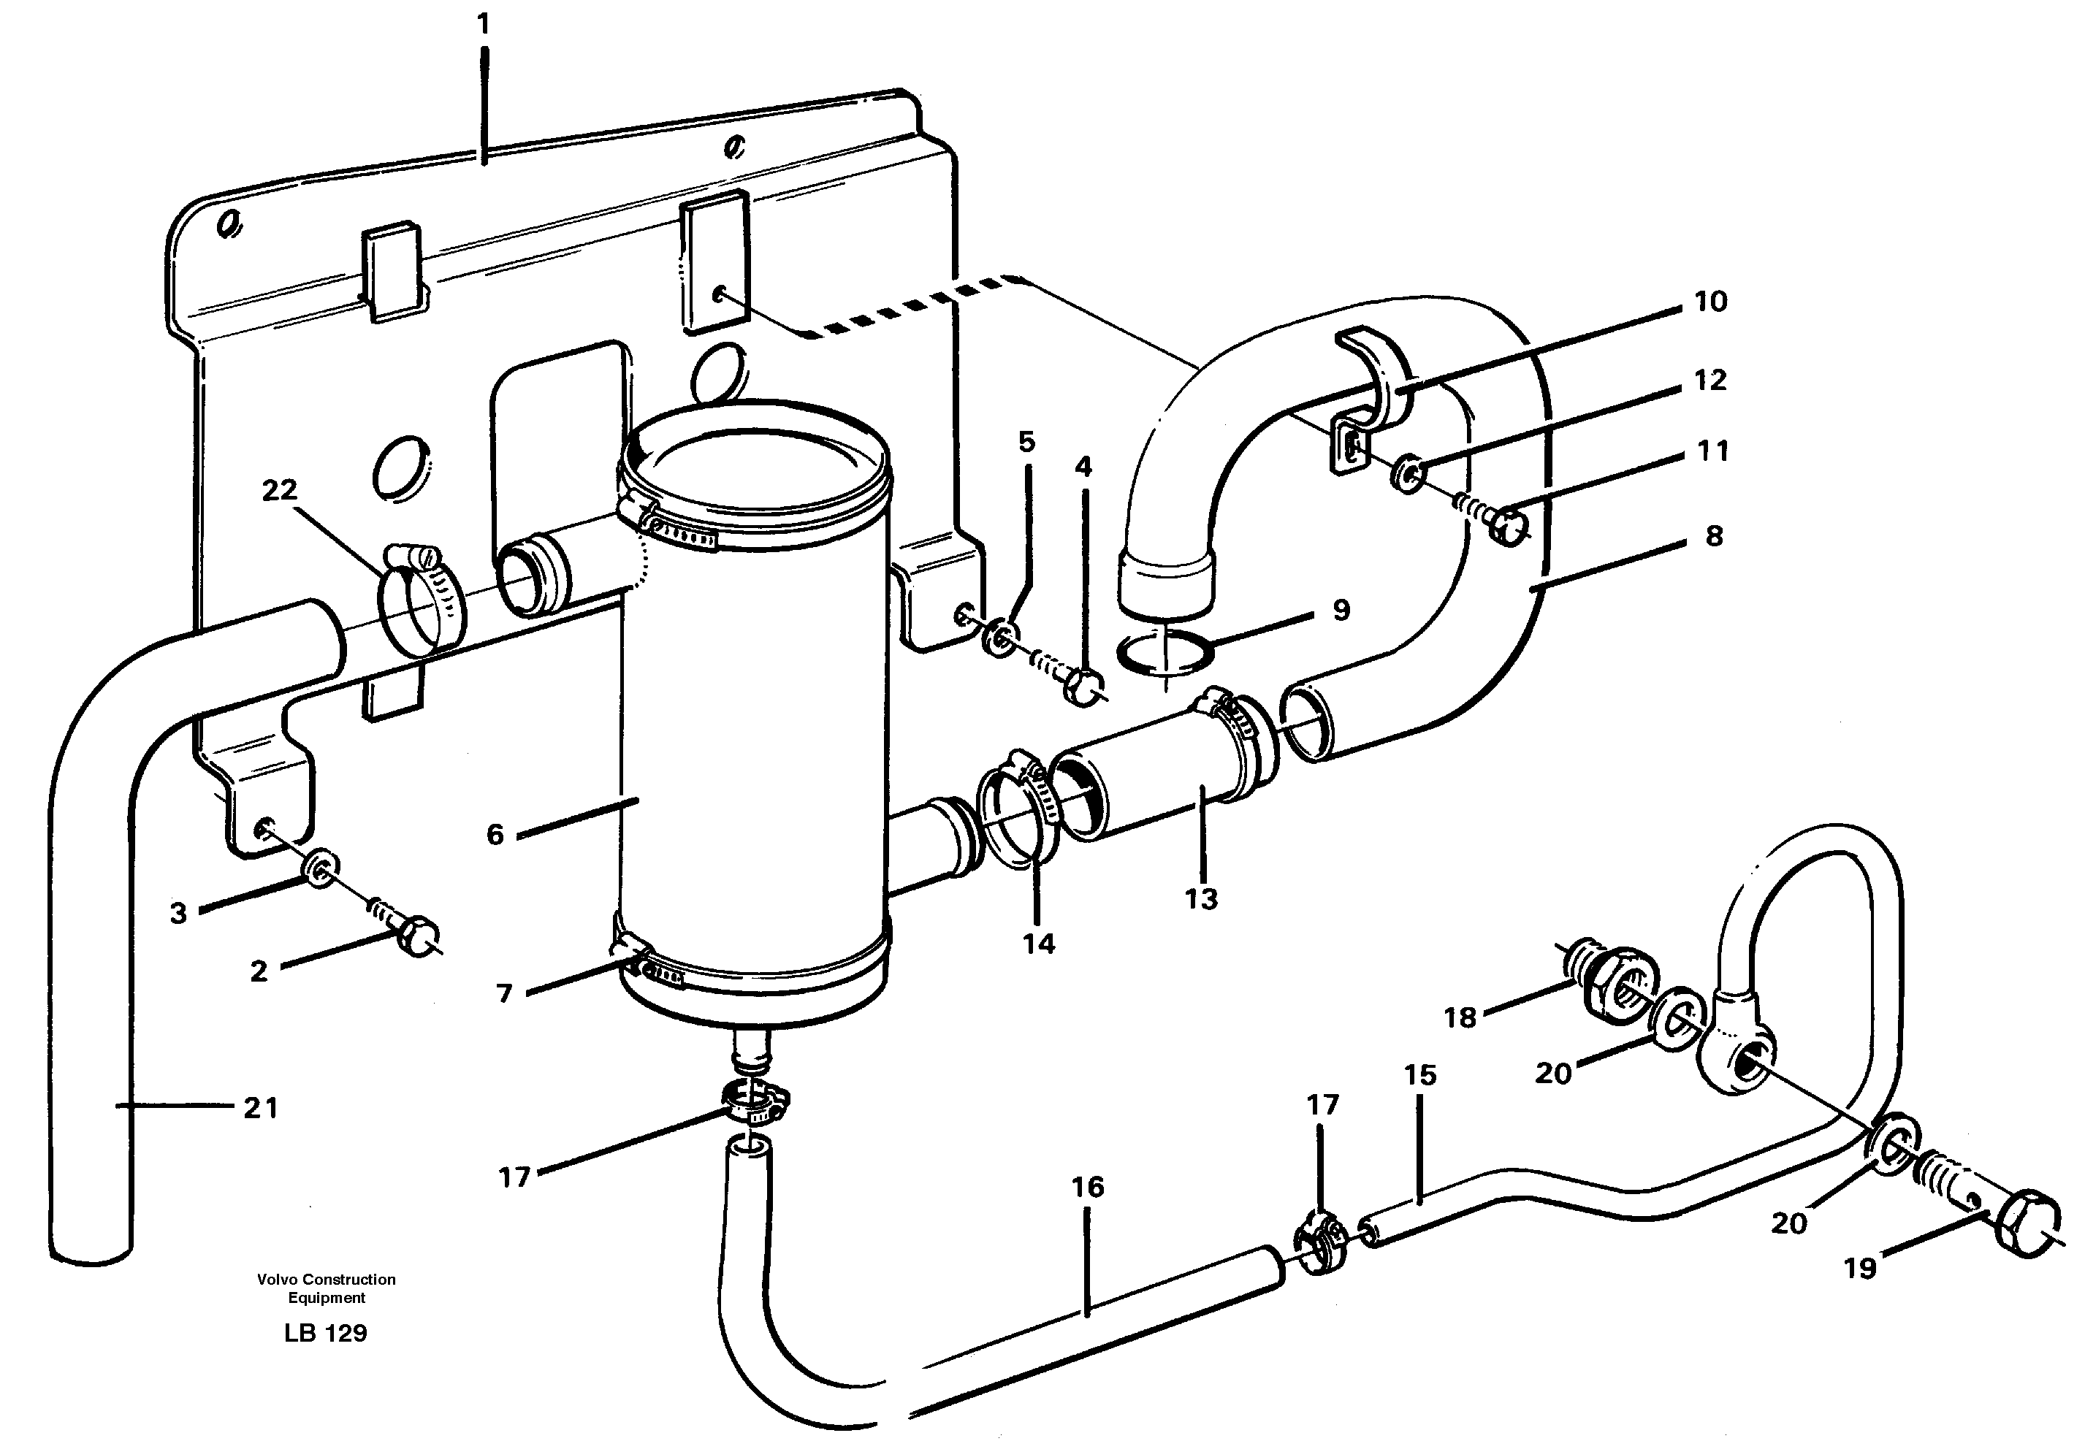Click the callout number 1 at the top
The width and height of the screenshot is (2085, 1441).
coord(484,24)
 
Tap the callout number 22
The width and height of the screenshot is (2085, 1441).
coord(279,490)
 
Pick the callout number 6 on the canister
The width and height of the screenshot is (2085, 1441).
coord(495,833)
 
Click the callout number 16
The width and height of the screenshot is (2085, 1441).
coord(1088,1188)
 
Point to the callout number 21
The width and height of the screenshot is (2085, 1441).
coord(261,1108)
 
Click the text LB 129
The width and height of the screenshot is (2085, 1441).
coord(325,1334)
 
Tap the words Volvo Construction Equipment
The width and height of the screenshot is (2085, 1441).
coord(326,1288)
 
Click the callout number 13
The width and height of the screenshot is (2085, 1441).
coord(1201,899)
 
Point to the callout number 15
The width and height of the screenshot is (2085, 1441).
coord(1419,1075)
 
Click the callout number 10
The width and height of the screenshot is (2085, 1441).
coord(1710,302)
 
